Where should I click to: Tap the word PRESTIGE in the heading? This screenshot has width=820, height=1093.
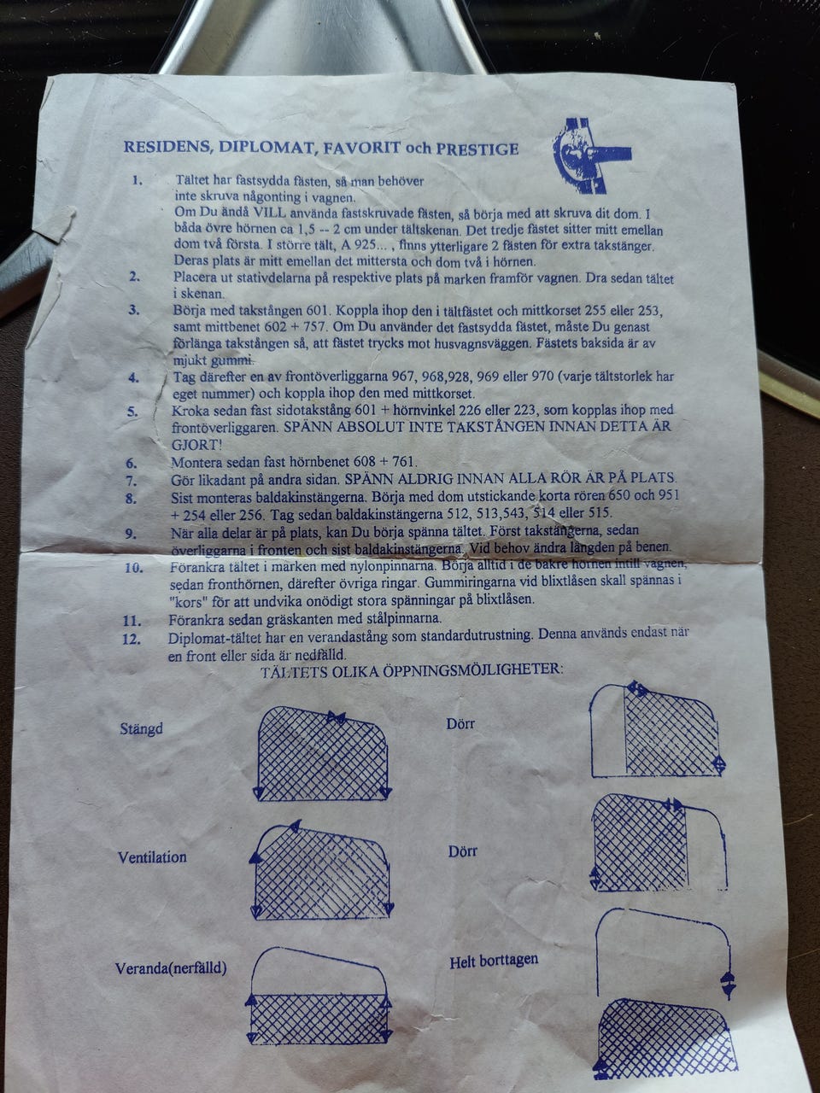tap(477, 149)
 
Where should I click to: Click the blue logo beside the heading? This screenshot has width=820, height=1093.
tap(590, 155)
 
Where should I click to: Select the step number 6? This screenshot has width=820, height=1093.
tap(132, 463)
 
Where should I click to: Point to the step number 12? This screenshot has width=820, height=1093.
tap(132, 639)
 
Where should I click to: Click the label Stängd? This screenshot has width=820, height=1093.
tap(142, 728)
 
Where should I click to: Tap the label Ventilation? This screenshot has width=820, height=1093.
tap(152, 857)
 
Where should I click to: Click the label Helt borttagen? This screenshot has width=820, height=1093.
tap(494, 961)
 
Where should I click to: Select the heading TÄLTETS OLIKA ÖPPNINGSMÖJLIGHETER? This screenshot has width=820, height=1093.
tap(412, 671)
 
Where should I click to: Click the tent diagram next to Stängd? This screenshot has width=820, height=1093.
tap(322, 753)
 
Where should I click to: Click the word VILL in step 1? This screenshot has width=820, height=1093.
tap(269, 213)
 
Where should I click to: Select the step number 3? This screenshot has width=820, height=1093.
tap(133, 310)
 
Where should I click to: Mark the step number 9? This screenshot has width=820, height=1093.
tap(131, 535)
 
